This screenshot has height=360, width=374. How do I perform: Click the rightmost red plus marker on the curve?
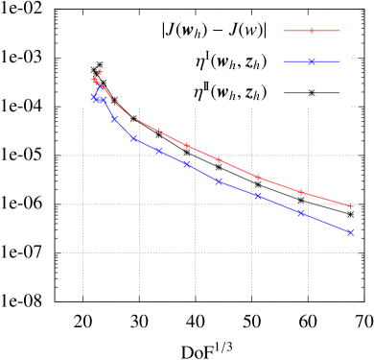click(x=350, y=206)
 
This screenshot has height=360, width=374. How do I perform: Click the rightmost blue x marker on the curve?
click(x=350, y=232)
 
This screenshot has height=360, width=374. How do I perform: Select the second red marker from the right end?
click(x=301, y=192)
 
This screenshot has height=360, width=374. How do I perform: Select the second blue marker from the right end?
click(x=301, y=212)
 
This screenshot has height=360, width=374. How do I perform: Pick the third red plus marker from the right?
click(x=257, y=177)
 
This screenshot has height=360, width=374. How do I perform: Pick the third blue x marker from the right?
click(x=257, y=195)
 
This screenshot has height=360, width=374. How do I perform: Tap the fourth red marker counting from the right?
click(x=219, y=159)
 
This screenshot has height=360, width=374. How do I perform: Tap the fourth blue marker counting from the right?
click(x=219, y=181)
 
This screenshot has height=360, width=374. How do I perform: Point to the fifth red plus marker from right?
click(x=186, y=145)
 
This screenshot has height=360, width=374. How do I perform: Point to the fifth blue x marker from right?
click(x=186, y=164)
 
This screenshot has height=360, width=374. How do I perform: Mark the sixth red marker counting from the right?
click(x=158, y=132)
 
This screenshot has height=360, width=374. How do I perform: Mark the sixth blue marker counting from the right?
click(x=158, y=151)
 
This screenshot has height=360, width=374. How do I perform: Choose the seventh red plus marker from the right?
click(x=134, y=118)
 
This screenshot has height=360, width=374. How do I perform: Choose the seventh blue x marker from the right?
click(x=134, y=138)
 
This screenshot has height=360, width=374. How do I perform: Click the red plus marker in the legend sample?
click(x=312, y=31)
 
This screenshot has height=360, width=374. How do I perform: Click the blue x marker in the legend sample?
click(x=312, y=61)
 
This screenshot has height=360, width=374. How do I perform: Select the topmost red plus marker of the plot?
click(x=100, y=72)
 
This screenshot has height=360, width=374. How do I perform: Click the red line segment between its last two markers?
click(x=326, y=200)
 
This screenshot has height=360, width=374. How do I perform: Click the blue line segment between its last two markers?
click(x=326, y=223)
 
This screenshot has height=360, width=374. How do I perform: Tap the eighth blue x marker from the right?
click(x=114, y=119)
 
